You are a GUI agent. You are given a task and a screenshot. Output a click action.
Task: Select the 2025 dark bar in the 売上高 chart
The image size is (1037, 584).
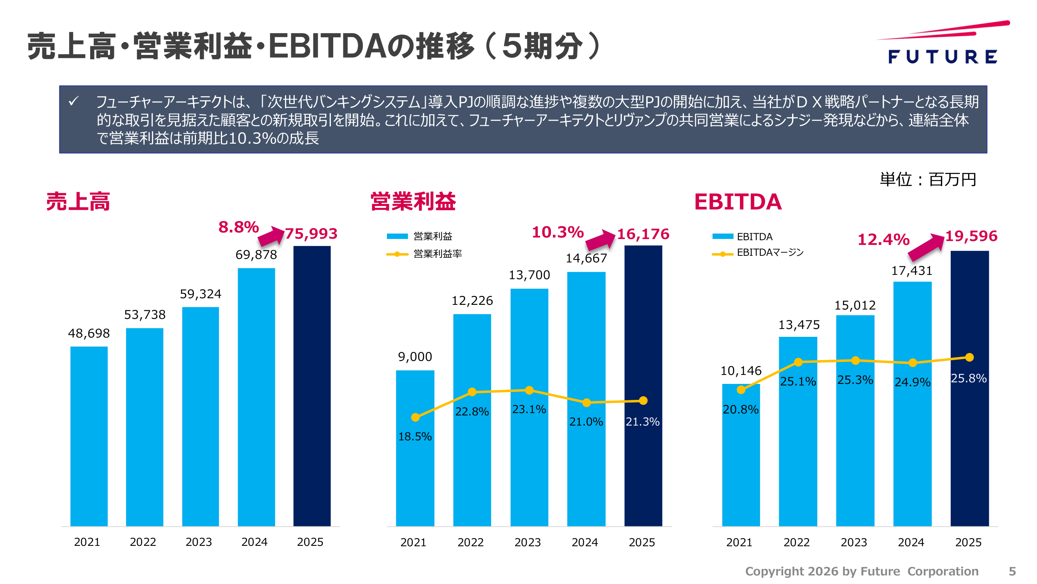point(312,386)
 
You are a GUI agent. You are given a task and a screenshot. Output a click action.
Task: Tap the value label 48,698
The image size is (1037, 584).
point(89,333)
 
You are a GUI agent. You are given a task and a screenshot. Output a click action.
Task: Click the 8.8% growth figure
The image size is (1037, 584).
point(238,227)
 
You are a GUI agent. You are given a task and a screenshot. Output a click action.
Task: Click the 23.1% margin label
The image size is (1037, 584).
point(529,410)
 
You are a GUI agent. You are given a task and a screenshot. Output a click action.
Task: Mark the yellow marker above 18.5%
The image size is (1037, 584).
point(415,417)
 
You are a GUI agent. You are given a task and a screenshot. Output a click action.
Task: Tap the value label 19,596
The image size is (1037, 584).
point(971,236)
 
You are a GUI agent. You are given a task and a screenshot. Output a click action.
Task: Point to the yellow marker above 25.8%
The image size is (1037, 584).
point(969,357)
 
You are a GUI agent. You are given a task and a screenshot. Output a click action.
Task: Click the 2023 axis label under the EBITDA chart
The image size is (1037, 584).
point(853,542)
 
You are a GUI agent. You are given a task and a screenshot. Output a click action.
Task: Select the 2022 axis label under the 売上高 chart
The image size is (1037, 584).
point(143,542)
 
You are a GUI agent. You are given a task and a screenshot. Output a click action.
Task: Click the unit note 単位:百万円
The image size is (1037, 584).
point(927,180)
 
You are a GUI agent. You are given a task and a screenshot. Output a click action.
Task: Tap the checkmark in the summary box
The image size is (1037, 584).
point(73,101)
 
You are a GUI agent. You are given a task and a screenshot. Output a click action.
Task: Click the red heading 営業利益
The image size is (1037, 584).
point(413,202)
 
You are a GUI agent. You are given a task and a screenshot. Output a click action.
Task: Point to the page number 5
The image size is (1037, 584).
point(1012,572)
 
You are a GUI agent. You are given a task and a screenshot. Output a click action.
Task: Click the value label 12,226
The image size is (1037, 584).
point(472,301)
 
